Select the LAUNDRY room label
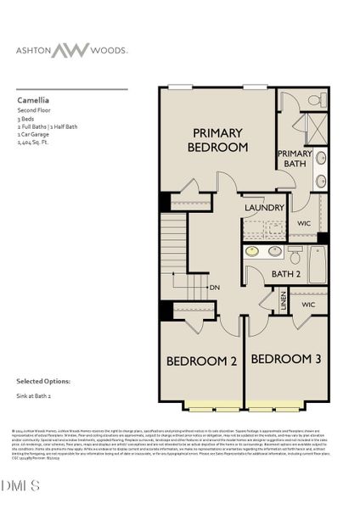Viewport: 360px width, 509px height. click(263, 208)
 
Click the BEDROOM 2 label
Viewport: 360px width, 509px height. click(201, 361)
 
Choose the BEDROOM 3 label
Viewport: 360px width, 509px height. click(286, 359)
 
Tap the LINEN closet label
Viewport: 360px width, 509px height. click(284, 303)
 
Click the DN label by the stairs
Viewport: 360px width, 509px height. click(215, 286)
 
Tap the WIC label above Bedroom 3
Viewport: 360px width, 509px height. click(308, 303)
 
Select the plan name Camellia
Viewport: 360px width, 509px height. click(34, 99)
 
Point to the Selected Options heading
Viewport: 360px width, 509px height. click(43, 381)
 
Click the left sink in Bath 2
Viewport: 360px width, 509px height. click(252, 251)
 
